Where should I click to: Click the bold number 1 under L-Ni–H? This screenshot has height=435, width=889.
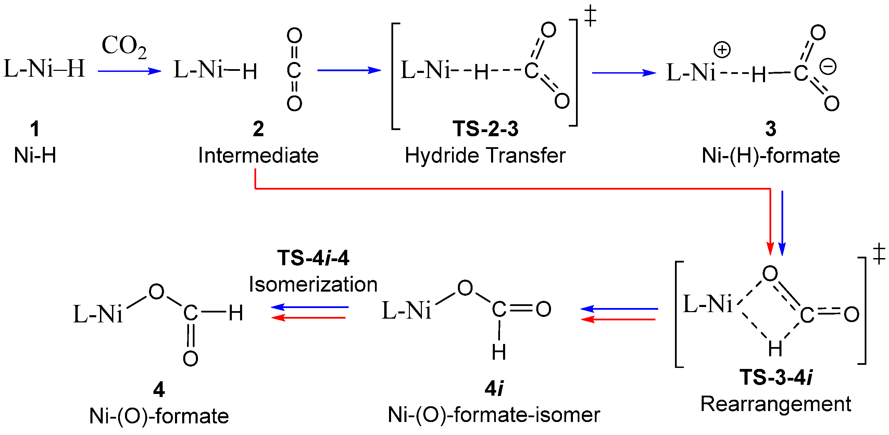[x=35, y=129]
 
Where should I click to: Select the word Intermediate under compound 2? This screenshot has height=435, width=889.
[x=258, y=156]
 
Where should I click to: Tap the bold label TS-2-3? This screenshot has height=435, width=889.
[x=485, y=129]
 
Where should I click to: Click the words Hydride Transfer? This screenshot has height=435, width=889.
[x=485, y=156]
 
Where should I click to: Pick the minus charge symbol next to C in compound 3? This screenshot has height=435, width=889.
[x=828, y=67]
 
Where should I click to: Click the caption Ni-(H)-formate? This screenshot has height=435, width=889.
[x=771, y=156]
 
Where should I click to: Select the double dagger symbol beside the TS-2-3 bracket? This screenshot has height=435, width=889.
[x=590, y=15]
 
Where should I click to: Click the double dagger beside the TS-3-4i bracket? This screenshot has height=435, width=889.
[x=879, y=254]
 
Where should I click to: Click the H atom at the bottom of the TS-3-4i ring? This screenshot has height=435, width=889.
[x=775, y=349]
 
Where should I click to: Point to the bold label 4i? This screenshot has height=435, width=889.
[x=494, y=389]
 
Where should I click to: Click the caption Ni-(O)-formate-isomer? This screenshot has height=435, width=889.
[x=494, y=415]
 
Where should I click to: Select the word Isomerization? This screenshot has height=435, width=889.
[x=313, y=285]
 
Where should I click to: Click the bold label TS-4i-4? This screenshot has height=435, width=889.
[x=313, y=258]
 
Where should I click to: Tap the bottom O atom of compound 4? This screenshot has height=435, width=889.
[x=190, y=359]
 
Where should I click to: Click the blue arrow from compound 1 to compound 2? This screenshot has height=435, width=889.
[x=129, y=71]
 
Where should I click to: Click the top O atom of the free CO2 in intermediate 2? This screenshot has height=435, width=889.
[x=295, y=35]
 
